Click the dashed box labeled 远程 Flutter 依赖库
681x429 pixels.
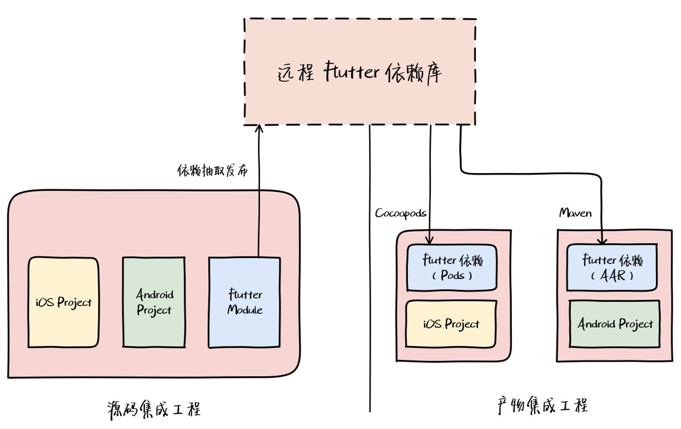pos(360,72)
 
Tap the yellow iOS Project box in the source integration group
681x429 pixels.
pos(64,302)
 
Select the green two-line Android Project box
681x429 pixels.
pos(154,302)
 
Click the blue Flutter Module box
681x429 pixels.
pos(244,302)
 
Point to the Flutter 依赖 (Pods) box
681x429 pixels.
pos(452,268)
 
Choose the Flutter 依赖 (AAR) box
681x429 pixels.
pos(612,267)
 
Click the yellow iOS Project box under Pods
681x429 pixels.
pos(451,324)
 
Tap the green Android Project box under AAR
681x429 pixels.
pos(615,324)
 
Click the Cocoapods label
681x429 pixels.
pos(401,213)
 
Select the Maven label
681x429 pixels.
pos(576,212)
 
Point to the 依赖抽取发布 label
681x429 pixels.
pos(213,171)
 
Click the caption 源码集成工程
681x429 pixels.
pos(154,410)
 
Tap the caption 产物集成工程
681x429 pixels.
pos(543,405)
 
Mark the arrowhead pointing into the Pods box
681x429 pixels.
pos(429,240)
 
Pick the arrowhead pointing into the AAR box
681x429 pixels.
pos(602,240)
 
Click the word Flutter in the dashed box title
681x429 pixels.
pos(351,72)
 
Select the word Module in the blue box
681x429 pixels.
pos(245,310)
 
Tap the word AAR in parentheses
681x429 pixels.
pos(613,276)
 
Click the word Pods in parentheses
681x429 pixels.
pos(453,275)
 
